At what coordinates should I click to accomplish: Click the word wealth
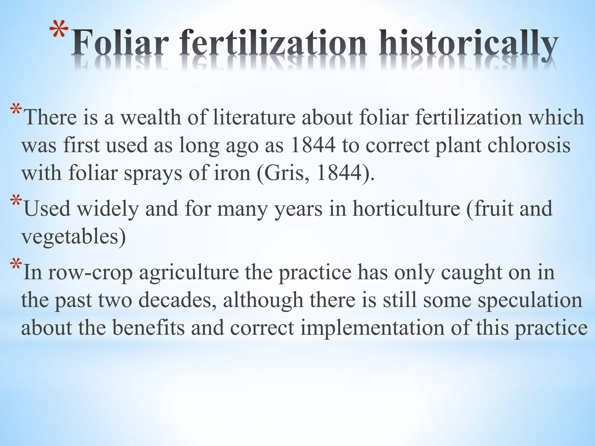point(151,117)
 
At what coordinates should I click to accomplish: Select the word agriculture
point(189,272)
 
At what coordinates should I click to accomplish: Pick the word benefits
point(148,328)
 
